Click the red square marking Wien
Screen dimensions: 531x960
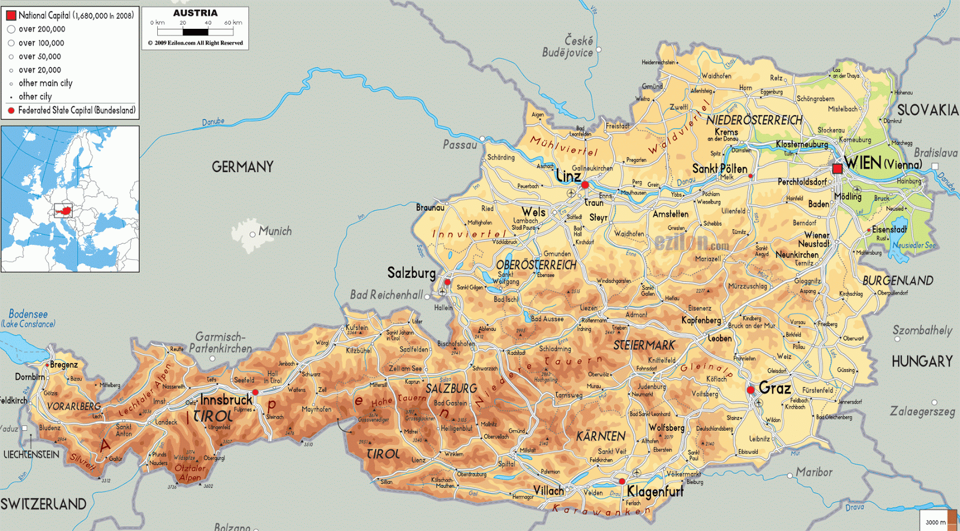point(837,169)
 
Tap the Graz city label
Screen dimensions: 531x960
point(775,388)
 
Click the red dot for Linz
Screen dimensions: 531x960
point(585,185)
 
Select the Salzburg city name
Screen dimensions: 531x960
point(412,273)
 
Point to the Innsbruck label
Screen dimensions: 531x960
point(226,400)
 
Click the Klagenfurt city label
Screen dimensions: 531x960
point(655,492)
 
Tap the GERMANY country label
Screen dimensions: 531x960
point(242,167)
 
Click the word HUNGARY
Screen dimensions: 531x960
point(922,361)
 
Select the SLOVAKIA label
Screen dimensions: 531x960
point(927,110)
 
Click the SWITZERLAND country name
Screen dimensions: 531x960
point(43,504)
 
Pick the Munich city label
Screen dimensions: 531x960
point(275,231)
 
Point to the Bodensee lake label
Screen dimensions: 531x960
point(28,314)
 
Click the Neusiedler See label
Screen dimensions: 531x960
point(913,245)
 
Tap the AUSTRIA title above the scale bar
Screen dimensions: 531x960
point(195,13)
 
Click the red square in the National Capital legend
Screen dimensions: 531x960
point(11,16)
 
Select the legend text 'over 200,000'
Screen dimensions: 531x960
point(41,29)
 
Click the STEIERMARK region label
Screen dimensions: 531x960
point(644,346)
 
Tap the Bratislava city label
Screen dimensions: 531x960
point(935,153)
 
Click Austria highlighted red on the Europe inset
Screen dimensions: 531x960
point(63,211)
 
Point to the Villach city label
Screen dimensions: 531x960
point(549,491)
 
